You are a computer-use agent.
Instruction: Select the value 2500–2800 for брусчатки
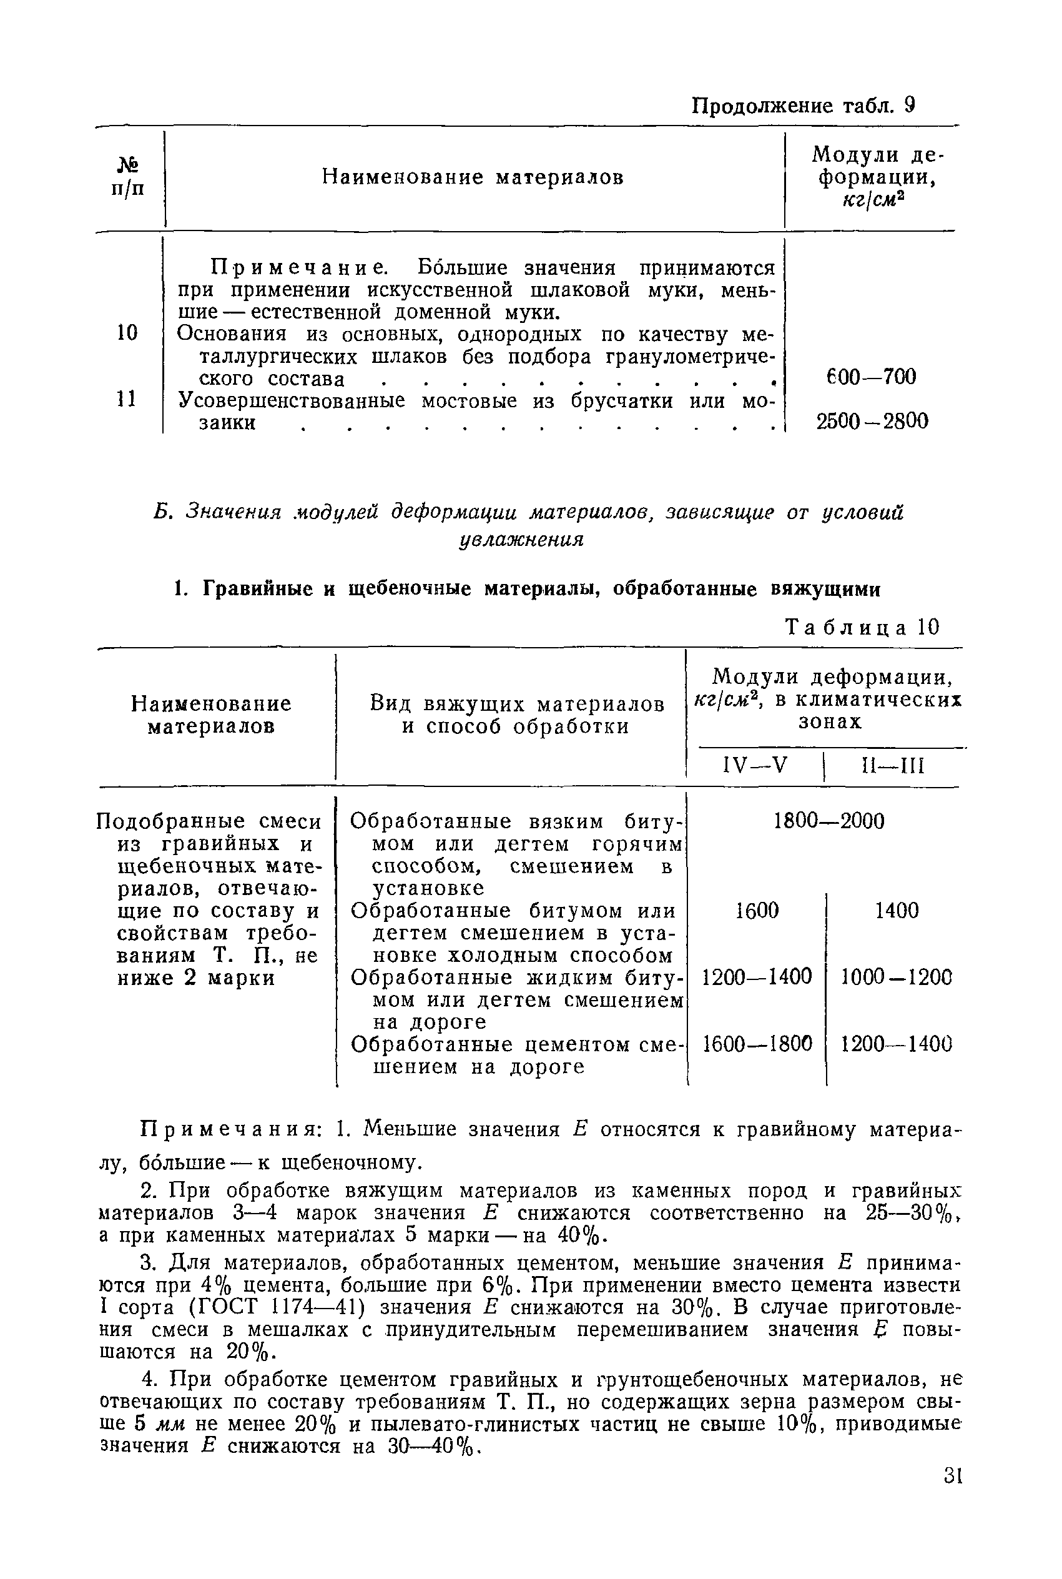tap(872, 422)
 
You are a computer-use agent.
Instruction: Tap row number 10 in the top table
tap(127, 332)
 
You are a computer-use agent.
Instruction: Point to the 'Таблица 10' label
tap(862, 627)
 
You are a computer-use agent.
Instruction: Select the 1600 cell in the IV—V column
tap(757, 911)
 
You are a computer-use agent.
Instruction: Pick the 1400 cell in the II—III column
tap(896, 911)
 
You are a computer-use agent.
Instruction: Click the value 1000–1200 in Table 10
tap(896, 977)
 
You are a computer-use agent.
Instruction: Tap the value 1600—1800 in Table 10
tap(757, 1044)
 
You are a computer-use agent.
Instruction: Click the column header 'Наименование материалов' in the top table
tap(472, 177)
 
